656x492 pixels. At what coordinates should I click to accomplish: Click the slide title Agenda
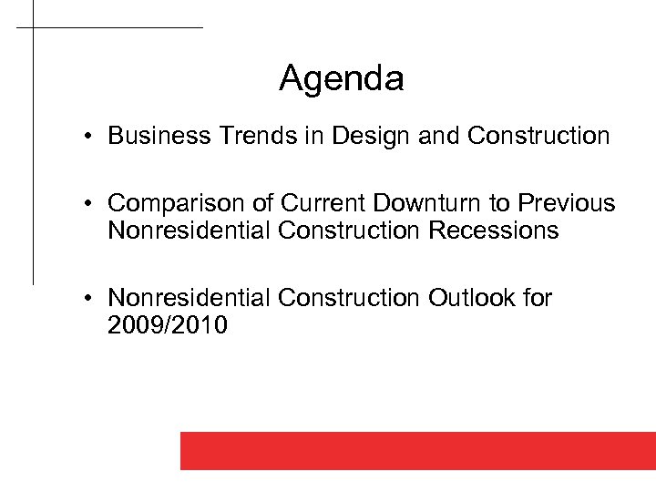pyautogui.click(x=341, y=79)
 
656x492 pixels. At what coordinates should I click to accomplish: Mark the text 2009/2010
pyautogui.click(x=168, y=325)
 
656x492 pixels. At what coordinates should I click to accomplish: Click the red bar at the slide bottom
pyautogui.click(x=417, y=450)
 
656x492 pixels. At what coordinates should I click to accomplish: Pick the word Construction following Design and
pyautogui.click(x=538, y=137)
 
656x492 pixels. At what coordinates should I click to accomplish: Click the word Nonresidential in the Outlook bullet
pyautogui.click(x=190, y=298)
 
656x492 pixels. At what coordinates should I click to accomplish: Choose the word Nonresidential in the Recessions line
pyautogui.click(x=190, y=231)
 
